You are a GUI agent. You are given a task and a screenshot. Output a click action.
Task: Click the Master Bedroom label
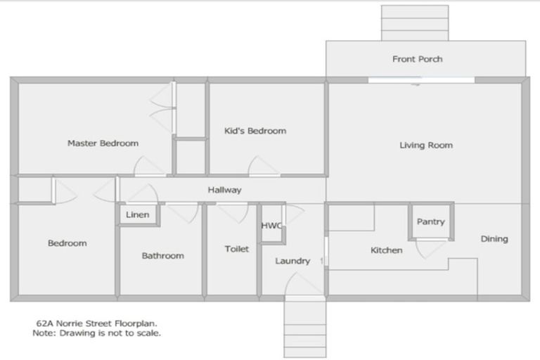tap(103, 143)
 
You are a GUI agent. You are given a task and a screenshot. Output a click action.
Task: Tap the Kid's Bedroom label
tap(255, 131)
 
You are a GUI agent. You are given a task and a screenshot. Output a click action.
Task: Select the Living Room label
tap(426, 146)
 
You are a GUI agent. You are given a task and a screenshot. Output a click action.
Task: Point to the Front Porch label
tap(417, 59)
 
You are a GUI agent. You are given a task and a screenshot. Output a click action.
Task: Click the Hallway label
tap(224, 190)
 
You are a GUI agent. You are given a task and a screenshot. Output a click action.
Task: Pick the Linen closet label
tap(137, 214)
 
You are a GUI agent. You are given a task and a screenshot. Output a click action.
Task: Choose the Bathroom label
tap(162, 256)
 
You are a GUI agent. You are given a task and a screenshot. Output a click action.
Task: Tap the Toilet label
tap(236, 249)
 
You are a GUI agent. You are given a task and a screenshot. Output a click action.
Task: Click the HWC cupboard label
tap(271, 226)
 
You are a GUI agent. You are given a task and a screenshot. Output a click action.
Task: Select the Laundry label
tap(292, 261)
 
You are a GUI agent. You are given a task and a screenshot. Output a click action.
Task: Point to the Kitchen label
tap(386, 250)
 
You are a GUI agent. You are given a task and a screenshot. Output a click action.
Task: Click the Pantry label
tap(430, 221)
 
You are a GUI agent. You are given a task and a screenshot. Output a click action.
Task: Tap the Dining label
tap(494, 239)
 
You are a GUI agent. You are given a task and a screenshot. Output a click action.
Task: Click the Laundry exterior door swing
tap(304, 285)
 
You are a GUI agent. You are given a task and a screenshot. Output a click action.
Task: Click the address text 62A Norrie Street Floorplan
tap(97, 323)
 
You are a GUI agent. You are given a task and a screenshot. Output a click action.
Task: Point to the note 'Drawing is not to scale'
tap(97, 333)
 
